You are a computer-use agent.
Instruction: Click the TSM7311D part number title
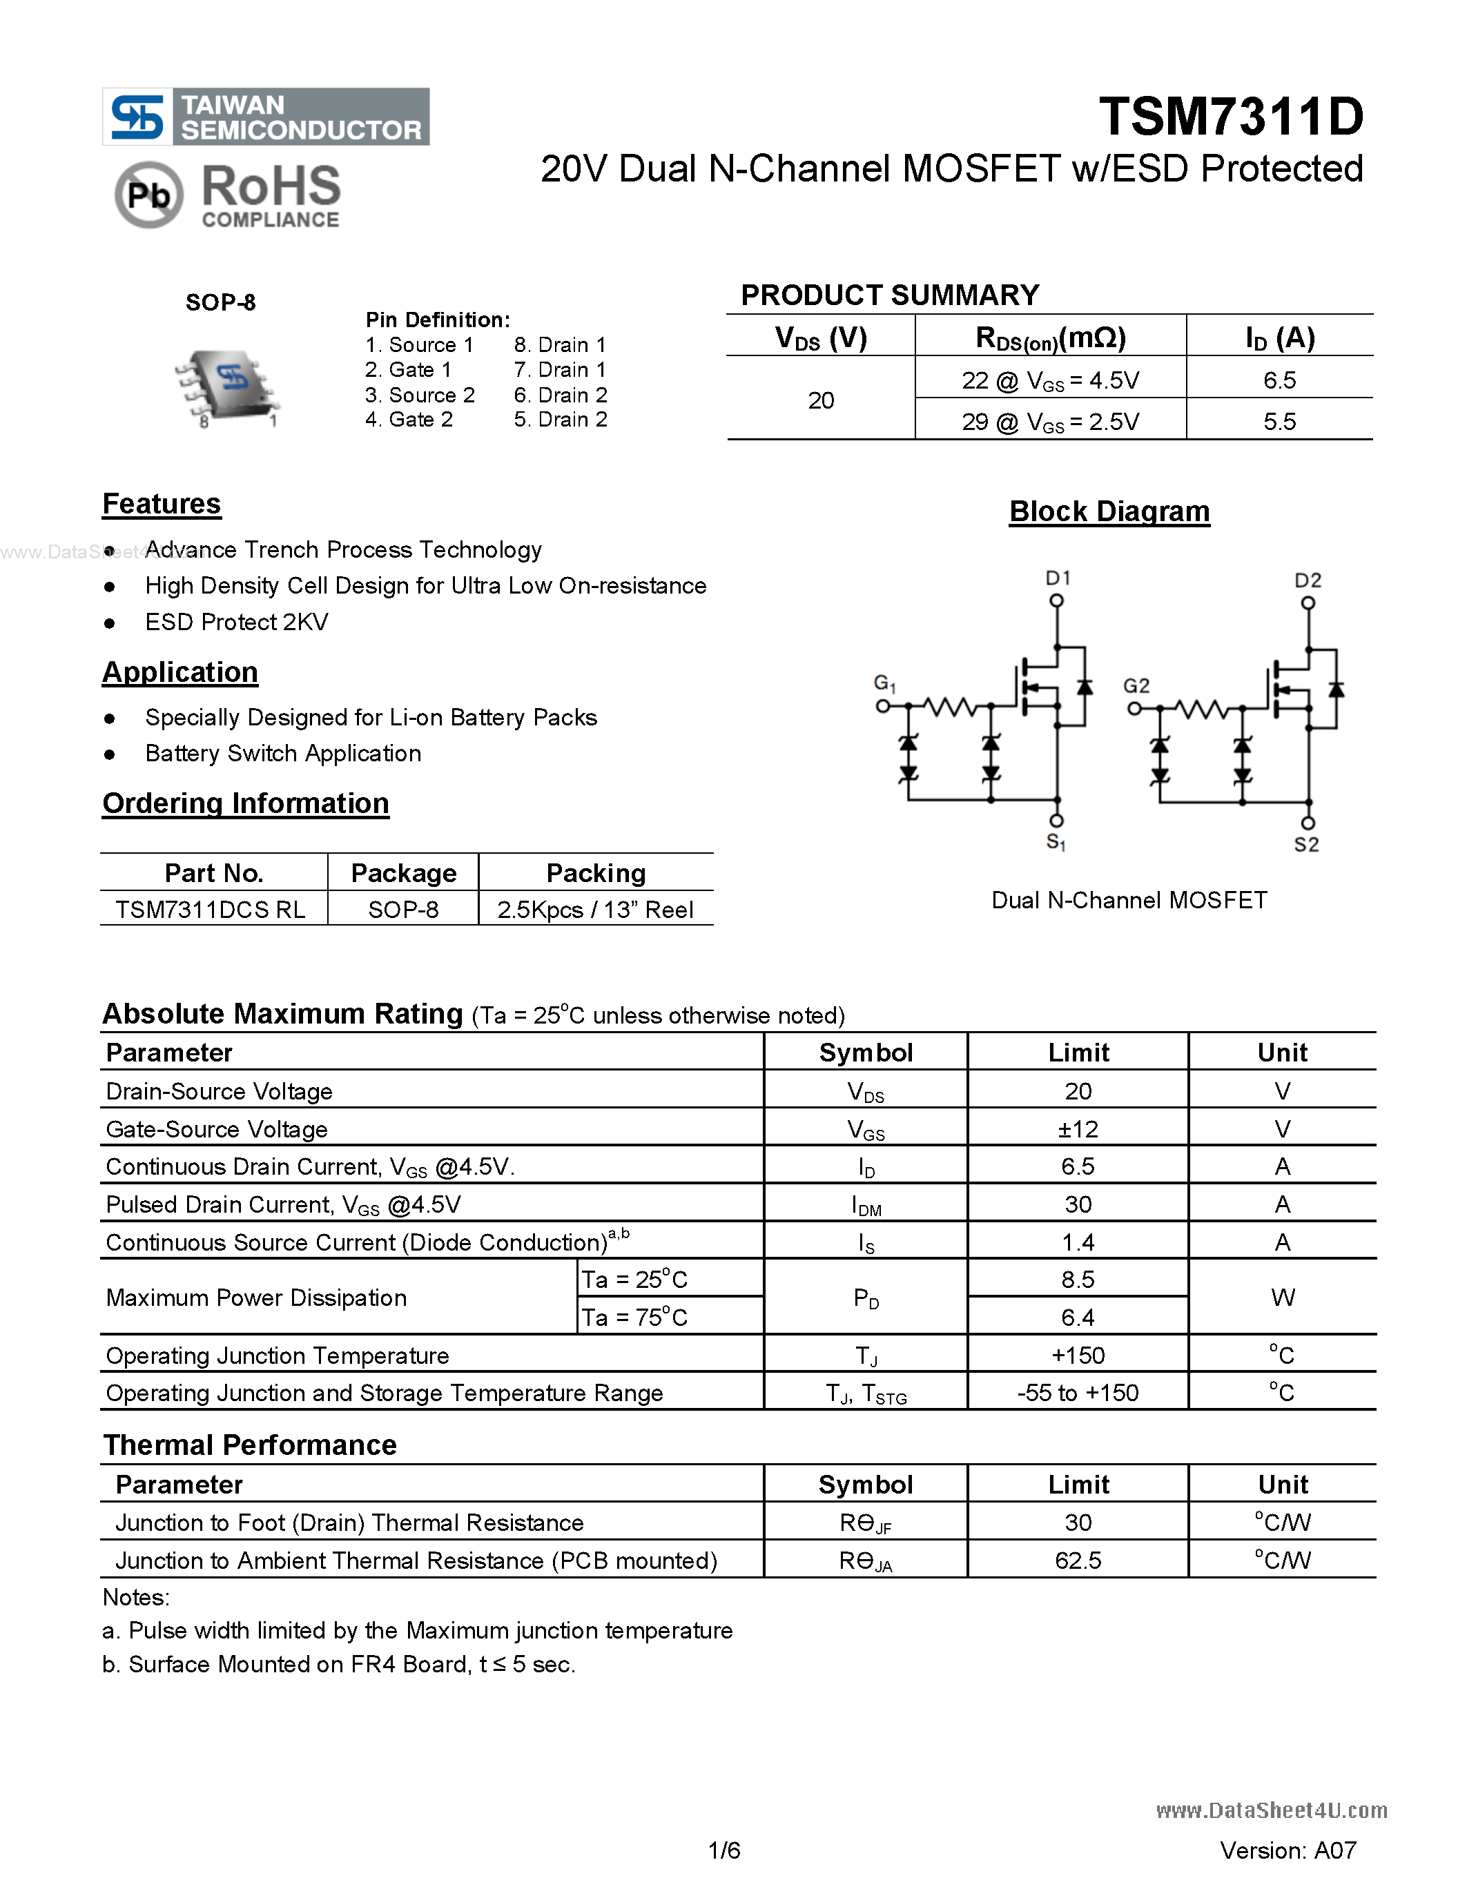[1231, 117]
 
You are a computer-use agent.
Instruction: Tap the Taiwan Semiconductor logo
[266, 117]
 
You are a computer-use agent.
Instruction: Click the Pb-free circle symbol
[148, 195]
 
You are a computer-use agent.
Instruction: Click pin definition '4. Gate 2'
[409, 420]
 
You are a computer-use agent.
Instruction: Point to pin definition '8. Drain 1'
[560, 345]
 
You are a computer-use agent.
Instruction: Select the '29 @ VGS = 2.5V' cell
[1050, 422]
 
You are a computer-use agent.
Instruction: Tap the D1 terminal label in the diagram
[1058, 578]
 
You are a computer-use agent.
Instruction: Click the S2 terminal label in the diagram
[1306, 844]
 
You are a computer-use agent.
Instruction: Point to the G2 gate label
[1136, 685]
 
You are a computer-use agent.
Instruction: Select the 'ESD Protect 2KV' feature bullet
[236, 623]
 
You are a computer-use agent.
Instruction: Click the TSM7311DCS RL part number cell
[211, 910]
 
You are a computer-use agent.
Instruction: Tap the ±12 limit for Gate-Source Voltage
[1078, 1129]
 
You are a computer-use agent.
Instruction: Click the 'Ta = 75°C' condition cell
[634, 1318]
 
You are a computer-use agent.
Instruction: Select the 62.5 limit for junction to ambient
[1078, 1561]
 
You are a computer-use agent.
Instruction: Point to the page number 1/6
[724, 1850]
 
